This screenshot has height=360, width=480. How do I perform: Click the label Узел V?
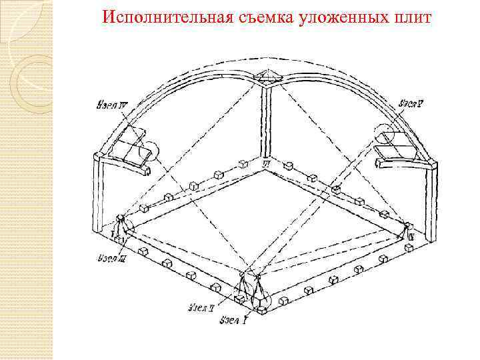(x=413, y=104)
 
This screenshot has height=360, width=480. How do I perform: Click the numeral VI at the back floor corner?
(x=266, y=162)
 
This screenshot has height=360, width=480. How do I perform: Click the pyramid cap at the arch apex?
(x=270, y=75)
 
